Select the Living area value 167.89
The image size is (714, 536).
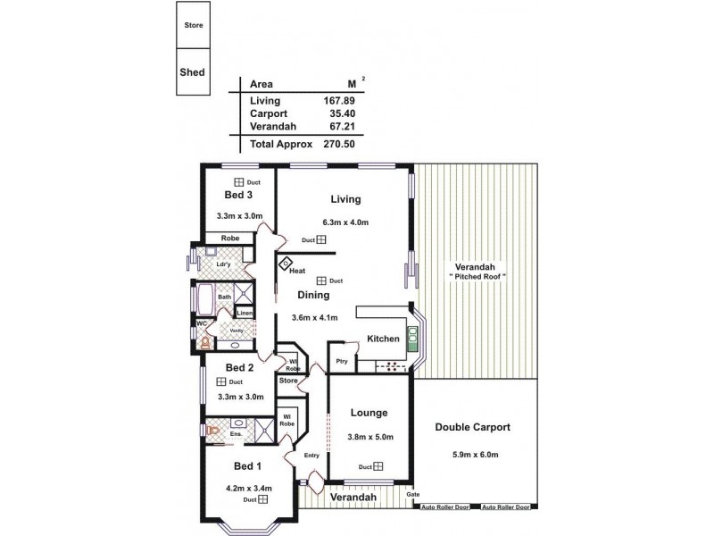pyautogui.click(x=338, y=101)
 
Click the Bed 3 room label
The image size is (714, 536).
pyautogui.click(x=238, y=195)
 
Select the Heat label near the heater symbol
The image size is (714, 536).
pyautogui.click(x=297, y=271)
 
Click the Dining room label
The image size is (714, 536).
pyautogui.click(x=313, y=294)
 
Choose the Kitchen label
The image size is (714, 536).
pyautogui.click(x=383, y=339)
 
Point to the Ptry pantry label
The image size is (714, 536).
pyautogui.click(x=341, y=361)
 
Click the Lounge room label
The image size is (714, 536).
pyautogui.click(x=369, y=413)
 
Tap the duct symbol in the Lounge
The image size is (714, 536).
pyautogui.click(x=378, y=465)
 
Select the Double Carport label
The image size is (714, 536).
pyautogui.click(x=472, y=427)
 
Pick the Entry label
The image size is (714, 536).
pyautogui.click(x=311, y=456)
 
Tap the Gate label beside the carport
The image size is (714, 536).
pyautogui.click(x=412, y=494)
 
